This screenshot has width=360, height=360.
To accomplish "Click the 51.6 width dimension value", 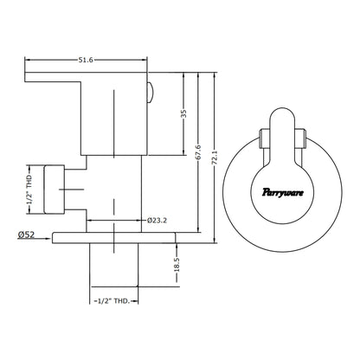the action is coord(86,60).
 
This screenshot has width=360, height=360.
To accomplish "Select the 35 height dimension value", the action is coord(183,113).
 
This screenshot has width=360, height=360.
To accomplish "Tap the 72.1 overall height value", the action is coord(215,157).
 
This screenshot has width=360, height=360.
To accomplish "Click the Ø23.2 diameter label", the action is coord(157,221).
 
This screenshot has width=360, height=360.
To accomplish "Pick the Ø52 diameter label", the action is coord(26,235).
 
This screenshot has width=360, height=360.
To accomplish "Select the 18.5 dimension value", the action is coord(177,265).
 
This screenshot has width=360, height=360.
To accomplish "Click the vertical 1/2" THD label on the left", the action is coord(29,190).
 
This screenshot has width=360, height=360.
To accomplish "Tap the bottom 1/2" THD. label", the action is coord(114,301).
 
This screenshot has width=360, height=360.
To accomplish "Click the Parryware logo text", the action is coord(283,192).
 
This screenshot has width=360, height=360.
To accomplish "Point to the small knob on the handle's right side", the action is coord(151,93).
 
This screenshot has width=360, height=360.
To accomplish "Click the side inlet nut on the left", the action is coord(54,190).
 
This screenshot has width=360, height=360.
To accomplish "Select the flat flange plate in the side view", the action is coord(114,238).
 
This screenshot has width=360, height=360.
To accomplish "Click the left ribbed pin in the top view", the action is coord(265,138).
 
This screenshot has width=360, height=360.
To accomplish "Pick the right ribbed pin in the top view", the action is coord(300,138).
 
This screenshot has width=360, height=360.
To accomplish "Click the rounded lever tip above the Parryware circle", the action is coord(282,115).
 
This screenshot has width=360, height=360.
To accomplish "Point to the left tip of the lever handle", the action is coord(25,77).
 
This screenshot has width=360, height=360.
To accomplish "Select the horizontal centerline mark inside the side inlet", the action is coord(71,190).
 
